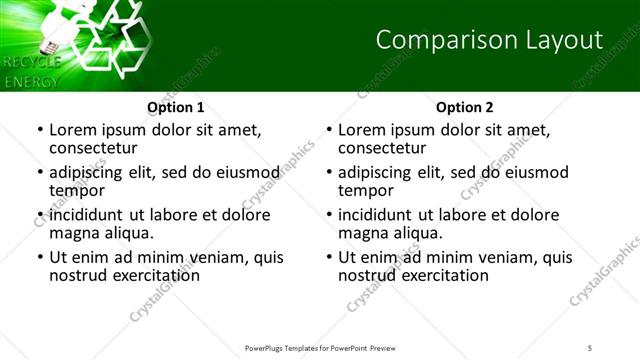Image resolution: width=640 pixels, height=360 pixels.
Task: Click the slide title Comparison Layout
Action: tap(489, 40)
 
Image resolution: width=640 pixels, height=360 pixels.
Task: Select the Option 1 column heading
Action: tap(176, 106)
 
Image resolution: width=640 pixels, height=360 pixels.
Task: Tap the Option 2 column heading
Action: tap(465, 106)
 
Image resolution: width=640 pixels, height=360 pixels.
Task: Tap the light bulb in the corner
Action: tap(52, 30)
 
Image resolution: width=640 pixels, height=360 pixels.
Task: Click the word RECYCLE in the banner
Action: tap(32, 63)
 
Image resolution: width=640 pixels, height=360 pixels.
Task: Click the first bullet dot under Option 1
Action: tap(39, 131)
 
